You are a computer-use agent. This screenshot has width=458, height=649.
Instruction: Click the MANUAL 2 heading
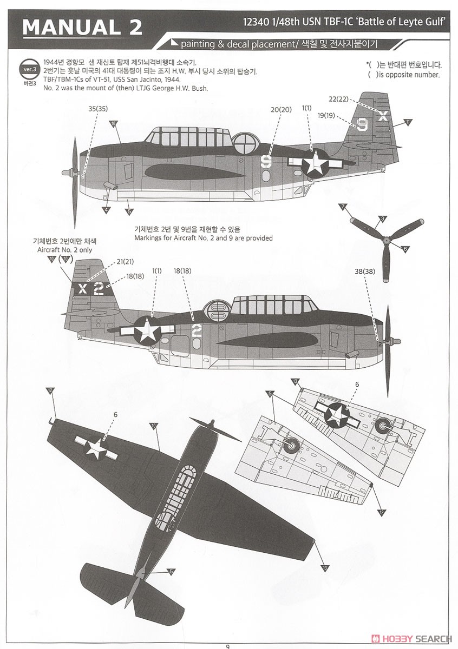click(x=82, y=27)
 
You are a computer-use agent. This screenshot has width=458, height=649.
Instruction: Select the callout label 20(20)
click(x=281, y=110)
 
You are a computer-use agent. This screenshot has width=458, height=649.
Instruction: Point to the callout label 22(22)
click(x=339, y=99)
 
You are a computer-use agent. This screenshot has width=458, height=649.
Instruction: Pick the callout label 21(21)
click(x=125, y=262)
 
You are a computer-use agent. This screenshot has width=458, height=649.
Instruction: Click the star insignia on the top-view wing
click(x=97, y=448)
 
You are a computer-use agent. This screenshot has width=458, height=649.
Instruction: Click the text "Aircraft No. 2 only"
click(x=64, y=250)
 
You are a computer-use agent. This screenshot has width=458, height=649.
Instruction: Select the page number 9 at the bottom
click(x=228, y=645)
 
